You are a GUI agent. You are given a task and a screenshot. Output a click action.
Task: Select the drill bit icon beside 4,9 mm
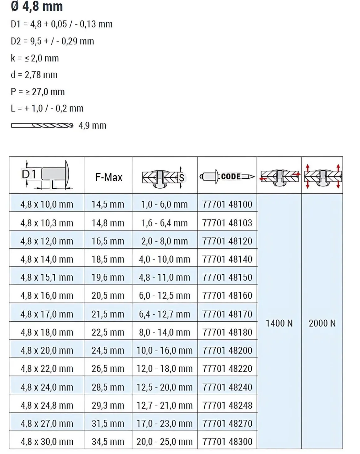pyautogui.click(x=42, y=125)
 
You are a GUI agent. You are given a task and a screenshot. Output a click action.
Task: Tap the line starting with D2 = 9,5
pyautogui.click(x=52, y=41)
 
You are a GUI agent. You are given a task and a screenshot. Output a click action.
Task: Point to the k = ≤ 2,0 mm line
pyautogui.click(x=34, y=58)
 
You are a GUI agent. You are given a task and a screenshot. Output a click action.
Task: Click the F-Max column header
pyautogui.click(x=109, y=177)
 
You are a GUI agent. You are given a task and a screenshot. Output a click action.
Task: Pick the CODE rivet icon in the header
pyautogui.click(x=227, y=177)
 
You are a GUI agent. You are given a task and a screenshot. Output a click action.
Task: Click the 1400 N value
pyautogui.click(x=279, y=323)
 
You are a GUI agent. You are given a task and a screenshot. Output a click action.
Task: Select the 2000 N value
pyautogui.click(x=322, y=323)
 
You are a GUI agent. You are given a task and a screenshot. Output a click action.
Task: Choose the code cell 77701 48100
pyautogui.click(x=227, y=204)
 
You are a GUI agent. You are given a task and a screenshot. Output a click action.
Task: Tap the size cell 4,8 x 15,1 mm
pyautogui.click(x=47, y=277)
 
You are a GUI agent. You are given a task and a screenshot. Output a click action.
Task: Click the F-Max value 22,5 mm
pyautogui.click(x=108, y=332)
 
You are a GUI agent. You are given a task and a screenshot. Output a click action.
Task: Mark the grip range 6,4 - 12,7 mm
pyautogui.click(x=164, y=314)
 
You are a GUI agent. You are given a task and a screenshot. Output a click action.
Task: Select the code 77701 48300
pyautogui.click(x=227, y=441)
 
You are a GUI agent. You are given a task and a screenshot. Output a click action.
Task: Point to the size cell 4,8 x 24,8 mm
pyautogui.click(x=47, y=405)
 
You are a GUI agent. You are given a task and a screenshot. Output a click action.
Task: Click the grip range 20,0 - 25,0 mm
pyautogui.click(x=164, y=441)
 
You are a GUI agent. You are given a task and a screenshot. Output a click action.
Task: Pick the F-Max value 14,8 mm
pyautogui.click(x=108, y=223)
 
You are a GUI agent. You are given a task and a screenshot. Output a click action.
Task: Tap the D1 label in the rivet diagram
pyautogui.click(x=29, y=174)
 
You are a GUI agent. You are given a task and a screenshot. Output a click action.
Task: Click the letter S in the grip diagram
pyautogui.click(x=182, y=178)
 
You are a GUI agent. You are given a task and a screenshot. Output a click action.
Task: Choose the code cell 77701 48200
pyautogui.click(x=227, y=350)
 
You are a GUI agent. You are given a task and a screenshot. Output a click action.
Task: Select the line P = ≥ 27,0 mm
pyautogui.click(x=38, y=92)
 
